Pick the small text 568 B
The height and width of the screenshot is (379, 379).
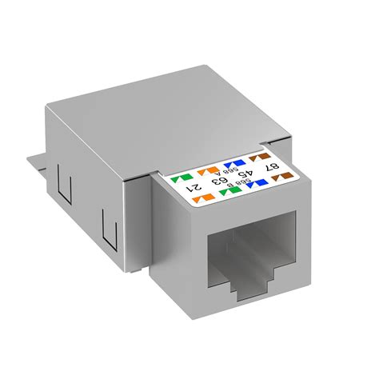pyautogui.click(x=234, y=184)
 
